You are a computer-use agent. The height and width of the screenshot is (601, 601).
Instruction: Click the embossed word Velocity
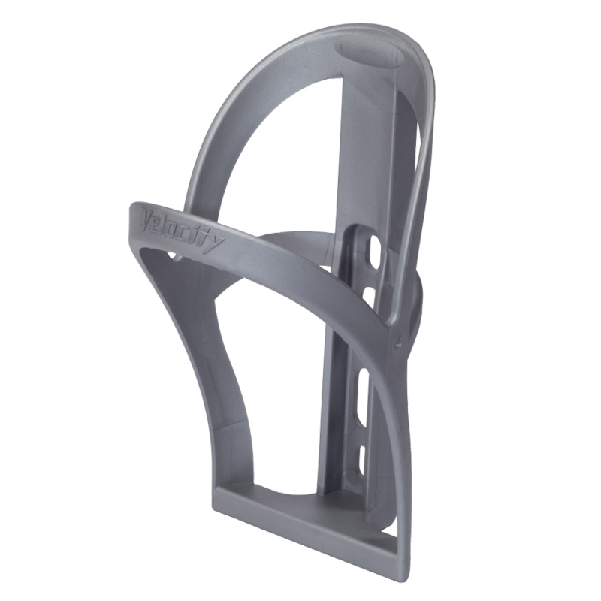(x=183, y=231)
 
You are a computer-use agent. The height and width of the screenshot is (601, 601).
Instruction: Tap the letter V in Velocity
(x=149, y=218)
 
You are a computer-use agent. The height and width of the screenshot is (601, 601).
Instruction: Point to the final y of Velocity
(x=217, y=246)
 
